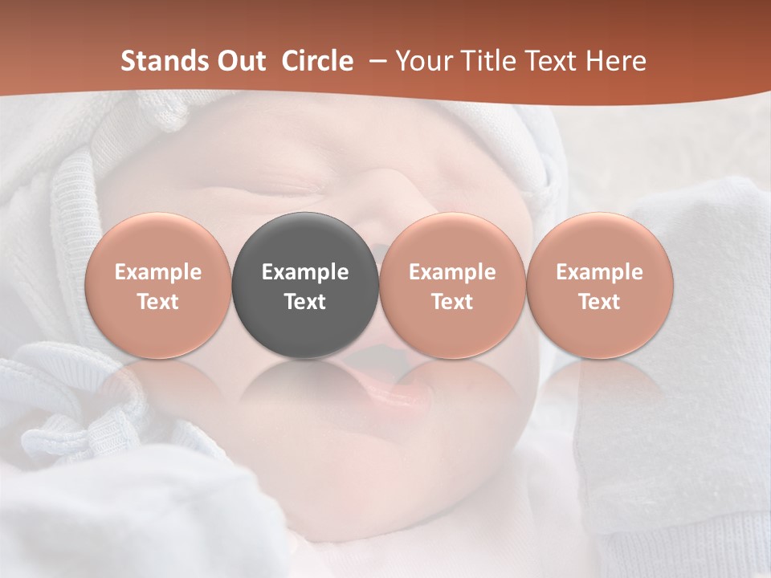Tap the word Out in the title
239,61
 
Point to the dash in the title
374,61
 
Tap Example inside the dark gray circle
305,272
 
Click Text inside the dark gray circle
305,302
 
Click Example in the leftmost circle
157,272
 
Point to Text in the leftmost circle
157,302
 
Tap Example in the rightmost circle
600,272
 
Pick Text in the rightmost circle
600,302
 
